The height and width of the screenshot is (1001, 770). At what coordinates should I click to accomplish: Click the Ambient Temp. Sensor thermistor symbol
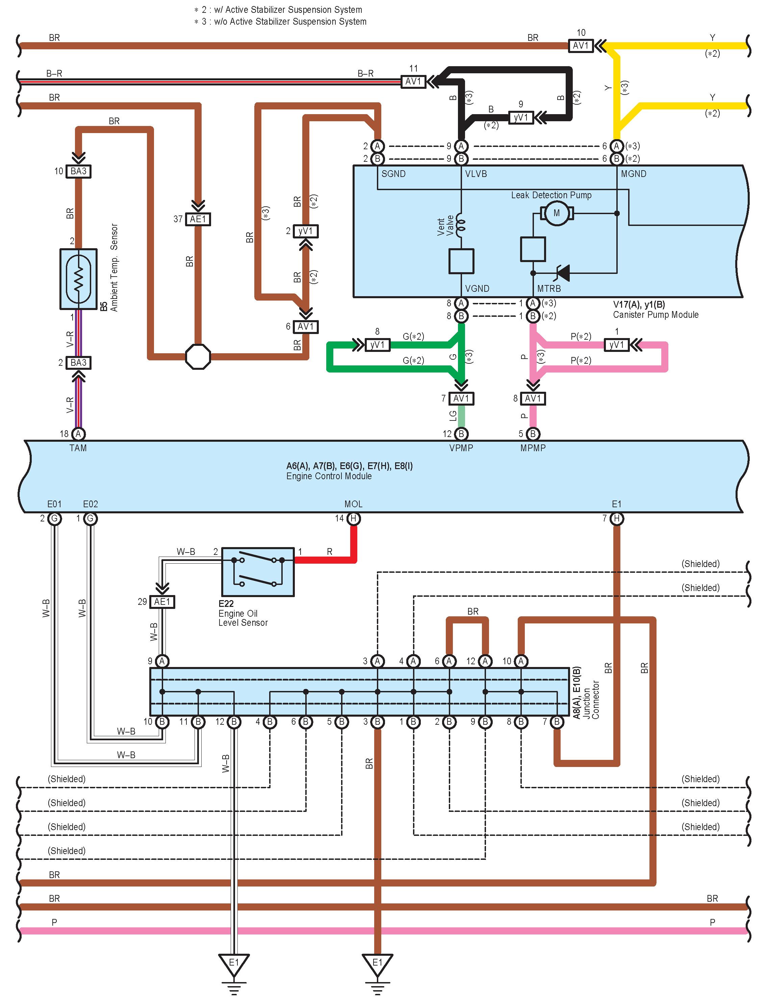coord(78,279)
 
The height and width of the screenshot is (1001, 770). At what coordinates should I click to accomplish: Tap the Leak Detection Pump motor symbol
coord(557,213)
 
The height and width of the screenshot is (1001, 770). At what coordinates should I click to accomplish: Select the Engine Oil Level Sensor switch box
coord(258,572)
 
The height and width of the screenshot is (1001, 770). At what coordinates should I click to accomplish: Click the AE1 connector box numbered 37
coord(198,219)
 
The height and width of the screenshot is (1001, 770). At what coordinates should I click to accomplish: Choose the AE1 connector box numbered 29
coord(162,602)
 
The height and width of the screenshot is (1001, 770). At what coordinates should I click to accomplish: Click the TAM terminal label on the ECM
coord(78,448)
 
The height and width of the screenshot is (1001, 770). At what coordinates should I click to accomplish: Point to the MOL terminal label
coord(353,504)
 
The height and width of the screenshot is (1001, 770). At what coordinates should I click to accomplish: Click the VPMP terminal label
coord(461,448)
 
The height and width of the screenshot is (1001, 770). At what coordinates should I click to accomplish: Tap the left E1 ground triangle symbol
coord(234,963)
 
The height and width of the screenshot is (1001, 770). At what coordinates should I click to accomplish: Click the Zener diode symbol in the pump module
coord(562,273)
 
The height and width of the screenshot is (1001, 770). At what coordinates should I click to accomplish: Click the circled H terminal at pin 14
coord(353,518)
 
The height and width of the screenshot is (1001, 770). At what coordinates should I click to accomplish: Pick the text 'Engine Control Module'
coord(329,476)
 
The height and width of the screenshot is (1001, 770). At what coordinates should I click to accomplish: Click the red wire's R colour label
coord(330,552)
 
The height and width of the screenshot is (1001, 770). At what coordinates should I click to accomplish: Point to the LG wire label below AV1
coord(453,416)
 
